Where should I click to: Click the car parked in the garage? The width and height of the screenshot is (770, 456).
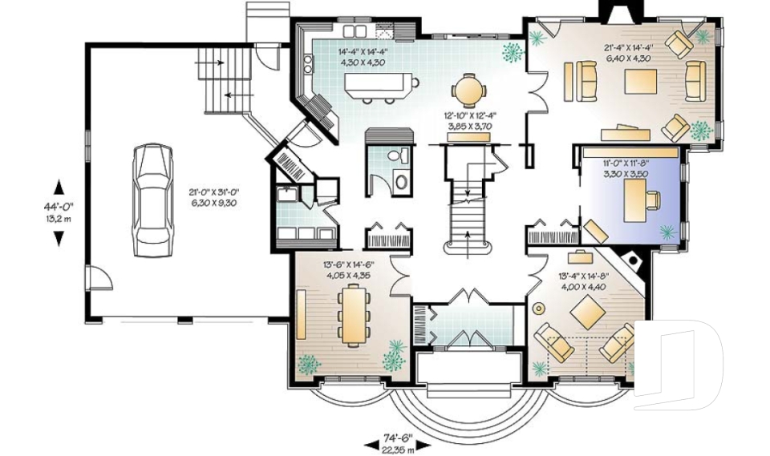(154, 200)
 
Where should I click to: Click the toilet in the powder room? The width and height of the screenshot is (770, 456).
(397, 156)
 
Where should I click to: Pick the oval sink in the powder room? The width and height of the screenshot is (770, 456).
(402, 182)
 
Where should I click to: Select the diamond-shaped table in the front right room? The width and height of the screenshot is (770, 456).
(587, 313)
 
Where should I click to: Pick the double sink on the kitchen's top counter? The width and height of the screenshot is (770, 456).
(355, 31)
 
